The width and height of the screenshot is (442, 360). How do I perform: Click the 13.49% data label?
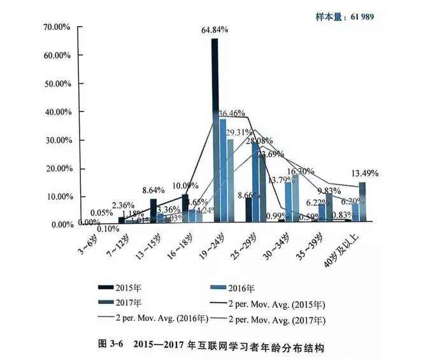point(365,173)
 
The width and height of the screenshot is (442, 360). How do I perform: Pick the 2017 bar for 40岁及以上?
point(362,202)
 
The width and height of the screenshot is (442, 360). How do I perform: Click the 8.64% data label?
point(153,190)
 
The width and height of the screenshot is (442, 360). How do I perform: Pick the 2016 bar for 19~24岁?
point(223,170)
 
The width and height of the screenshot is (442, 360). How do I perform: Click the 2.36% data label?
point(124,205)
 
